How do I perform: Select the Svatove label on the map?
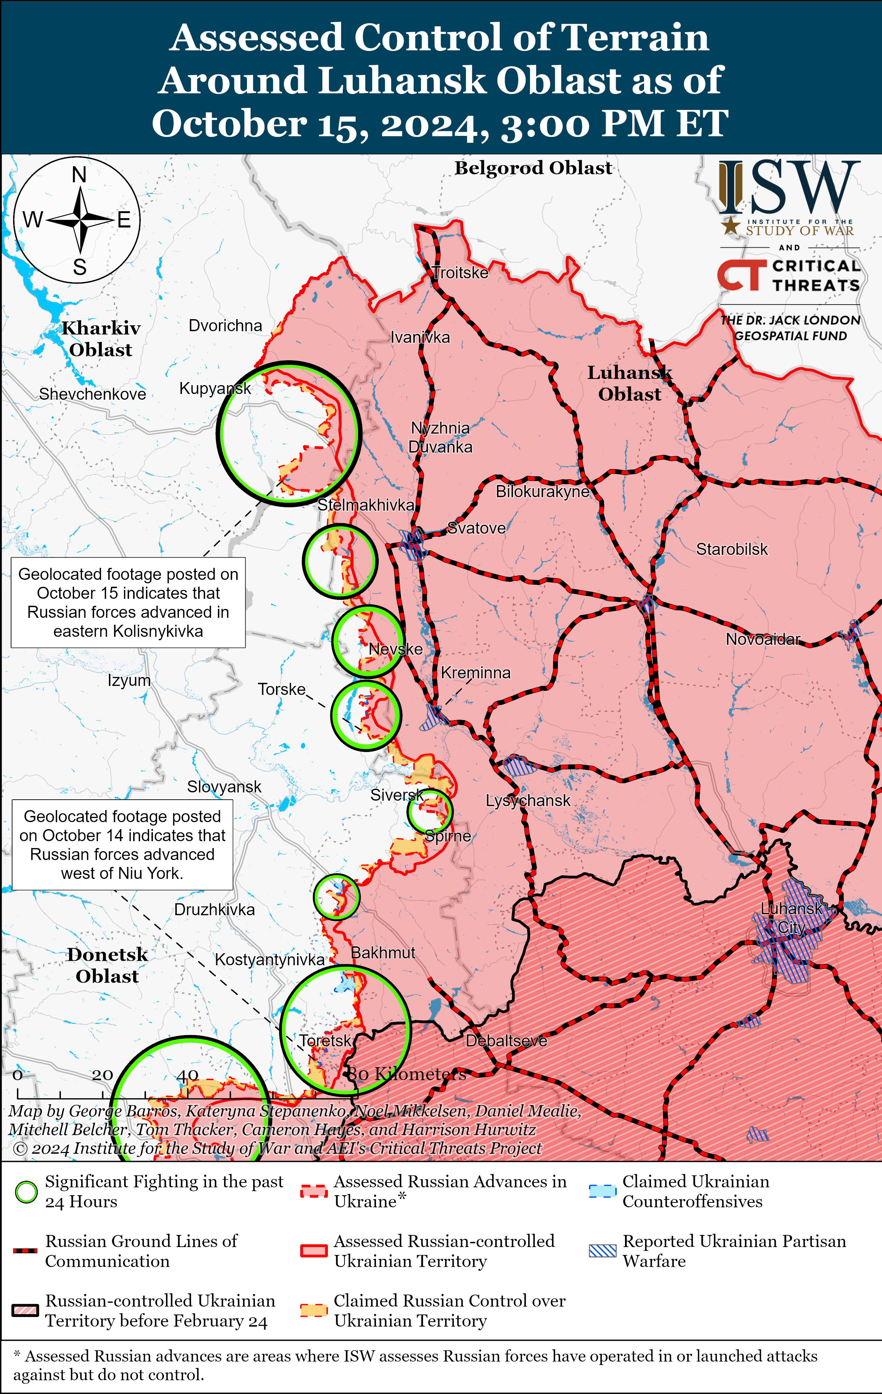(477, 528)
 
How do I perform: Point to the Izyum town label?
(129, 680)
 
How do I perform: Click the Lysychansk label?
(527, 801)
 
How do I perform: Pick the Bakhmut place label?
(383, 952)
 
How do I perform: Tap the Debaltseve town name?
(506, 1040)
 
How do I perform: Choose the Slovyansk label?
(224, 787)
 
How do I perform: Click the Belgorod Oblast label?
(533, 168)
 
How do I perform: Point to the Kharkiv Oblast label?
(101, 339)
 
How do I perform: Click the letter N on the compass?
(79, 174)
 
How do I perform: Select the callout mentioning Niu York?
(122, 845)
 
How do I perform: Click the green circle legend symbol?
(26, 1192)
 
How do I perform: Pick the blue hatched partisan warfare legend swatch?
(602, 1251)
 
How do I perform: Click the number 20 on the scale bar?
(102, 1075)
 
